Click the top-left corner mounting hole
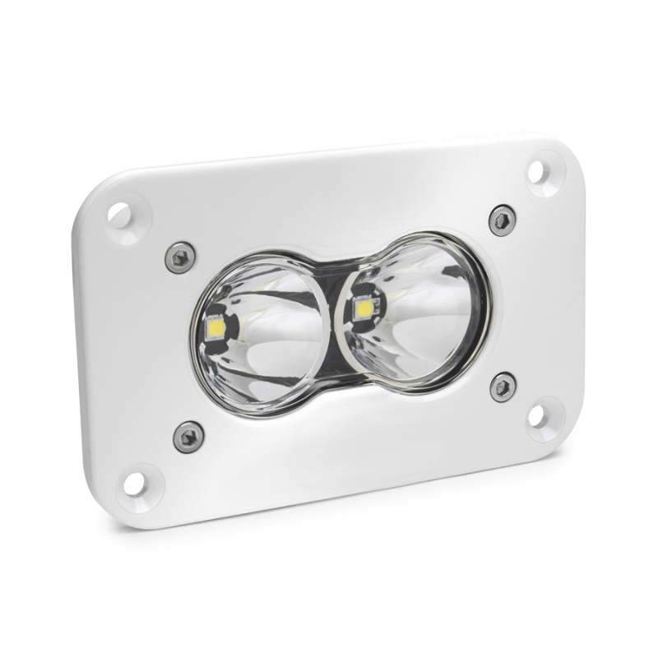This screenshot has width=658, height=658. [119, 216]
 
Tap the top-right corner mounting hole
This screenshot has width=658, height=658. [536, 172]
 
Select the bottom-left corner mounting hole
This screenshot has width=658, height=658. [135, 484]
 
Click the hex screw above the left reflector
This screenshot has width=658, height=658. [180, 257]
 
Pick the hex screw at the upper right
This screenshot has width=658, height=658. [501, 220]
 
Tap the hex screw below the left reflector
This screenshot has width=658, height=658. [188, 436]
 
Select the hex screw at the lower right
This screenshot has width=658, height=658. [503, 386]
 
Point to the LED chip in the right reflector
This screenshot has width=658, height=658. [362, 307]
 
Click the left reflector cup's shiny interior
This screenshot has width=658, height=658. [271, 345]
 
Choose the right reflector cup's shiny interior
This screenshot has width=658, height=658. [428, 313]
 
